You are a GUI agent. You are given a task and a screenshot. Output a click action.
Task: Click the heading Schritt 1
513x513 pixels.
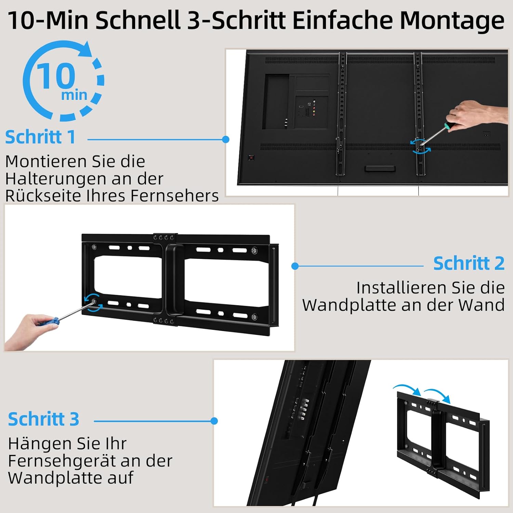40,137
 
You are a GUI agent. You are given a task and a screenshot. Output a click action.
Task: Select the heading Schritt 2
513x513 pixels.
469,263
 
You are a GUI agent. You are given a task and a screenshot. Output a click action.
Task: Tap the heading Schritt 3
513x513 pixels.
43,419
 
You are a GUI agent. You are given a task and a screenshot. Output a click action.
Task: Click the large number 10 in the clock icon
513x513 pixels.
56,76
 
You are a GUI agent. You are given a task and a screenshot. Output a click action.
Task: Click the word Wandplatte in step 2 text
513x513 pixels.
349,305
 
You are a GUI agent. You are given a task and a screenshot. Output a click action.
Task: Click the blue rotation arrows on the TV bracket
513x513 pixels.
421,146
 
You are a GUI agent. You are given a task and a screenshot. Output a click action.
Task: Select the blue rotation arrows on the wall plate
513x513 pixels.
93,303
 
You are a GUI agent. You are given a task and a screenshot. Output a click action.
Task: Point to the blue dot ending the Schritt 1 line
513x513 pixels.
225,140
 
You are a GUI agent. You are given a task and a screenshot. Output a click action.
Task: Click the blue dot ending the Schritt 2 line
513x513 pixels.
295,266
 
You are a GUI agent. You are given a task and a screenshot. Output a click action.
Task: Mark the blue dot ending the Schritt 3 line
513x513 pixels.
214,421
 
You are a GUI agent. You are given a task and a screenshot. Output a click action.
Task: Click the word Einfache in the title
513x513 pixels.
343,20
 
